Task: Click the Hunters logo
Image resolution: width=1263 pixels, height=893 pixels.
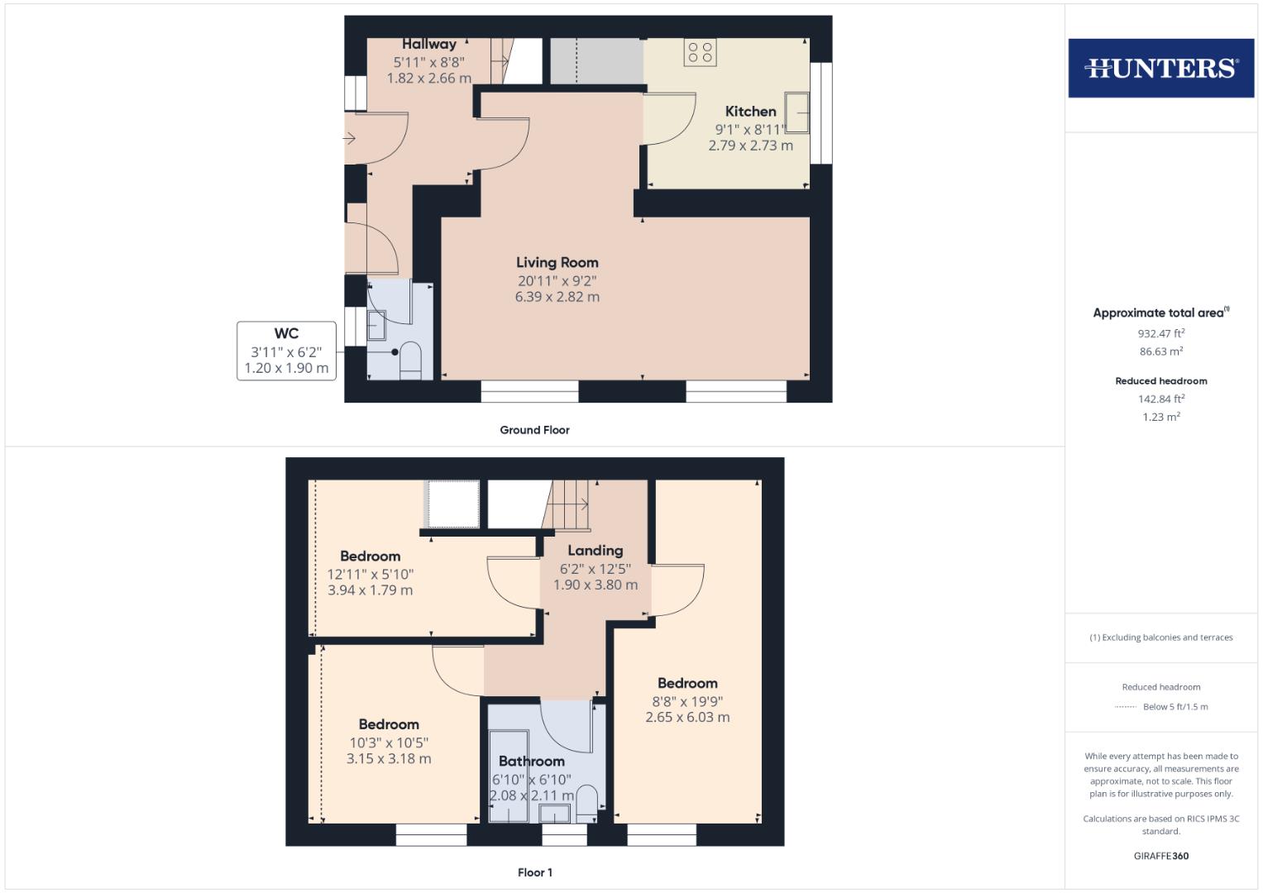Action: pos(1160,68)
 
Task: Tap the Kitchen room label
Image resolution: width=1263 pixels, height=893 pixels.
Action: pos(750,112)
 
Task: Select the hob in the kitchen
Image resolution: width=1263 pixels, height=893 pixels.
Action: pos(700,53)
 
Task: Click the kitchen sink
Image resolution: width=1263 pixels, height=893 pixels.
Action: pos(797,112)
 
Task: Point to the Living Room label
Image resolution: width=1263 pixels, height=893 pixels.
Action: pos(557,262)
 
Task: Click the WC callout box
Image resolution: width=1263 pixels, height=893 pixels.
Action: pos(286,351)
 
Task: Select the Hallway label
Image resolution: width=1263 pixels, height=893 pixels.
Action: pos(428,45)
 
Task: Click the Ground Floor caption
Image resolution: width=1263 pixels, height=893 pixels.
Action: pos(534,430)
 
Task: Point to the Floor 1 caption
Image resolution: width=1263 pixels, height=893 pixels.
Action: pos(534,872)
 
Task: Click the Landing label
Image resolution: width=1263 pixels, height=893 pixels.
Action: pos(595,551)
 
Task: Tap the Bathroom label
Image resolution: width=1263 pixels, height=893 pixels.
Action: pos(531,762)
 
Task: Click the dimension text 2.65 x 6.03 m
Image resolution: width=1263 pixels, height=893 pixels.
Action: pos(687,718)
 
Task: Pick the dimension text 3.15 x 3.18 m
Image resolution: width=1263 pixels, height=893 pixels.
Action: pos(389,759)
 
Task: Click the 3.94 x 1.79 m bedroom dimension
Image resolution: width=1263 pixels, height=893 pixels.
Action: pos(370,590)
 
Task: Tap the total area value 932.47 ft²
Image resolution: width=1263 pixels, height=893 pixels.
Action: pos(1160,334)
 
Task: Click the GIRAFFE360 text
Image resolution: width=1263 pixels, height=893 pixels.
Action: pos(1160,856)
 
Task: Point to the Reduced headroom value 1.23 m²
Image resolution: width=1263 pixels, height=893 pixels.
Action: pos(1160,418)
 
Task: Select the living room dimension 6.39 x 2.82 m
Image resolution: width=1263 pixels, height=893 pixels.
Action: pos(557,297)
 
